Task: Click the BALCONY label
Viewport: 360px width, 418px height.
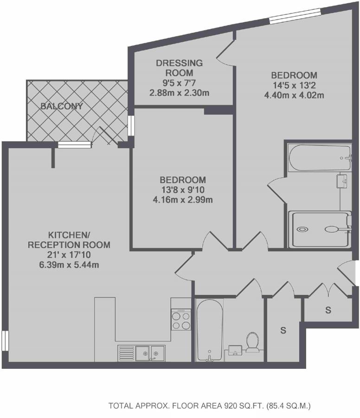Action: [62, 106]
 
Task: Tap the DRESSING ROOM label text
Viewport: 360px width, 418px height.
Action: [179, 68]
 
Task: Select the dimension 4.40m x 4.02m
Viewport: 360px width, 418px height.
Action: [294, 95]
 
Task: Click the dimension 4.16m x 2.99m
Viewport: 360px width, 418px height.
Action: [183, 200]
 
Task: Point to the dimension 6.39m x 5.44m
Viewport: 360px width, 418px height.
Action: [69, 265]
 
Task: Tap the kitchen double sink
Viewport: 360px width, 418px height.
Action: [150, 353]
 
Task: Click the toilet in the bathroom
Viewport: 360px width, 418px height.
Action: [252, 342]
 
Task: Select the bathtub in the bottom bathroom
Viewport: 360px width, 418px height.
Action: [210, 330]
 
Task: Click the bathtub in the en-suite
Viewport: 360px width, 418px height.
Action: [320, 158]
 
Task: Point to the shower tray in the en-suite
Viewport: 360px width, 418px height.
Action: [320, 229]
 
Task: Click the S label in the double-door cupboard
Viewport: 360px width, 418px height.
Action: [328, 310]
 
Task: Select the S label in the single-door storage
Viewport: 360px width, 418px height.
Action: [283, 330]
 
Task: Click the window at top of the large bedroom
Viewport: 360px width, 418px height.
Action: [295, 16]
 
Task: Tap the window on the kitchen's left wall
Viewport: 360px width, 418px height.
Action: [5, 341]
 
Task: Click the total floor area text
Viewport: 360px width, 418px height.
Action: [210, 406]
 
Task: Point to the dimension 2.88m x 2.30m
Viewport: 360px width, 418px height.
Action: [179, 93]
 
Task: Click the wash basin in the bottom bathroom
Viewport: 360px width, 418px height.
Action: [235, 350]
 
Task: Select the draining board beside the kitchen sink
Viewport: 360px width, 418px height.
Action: [126, 353]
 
